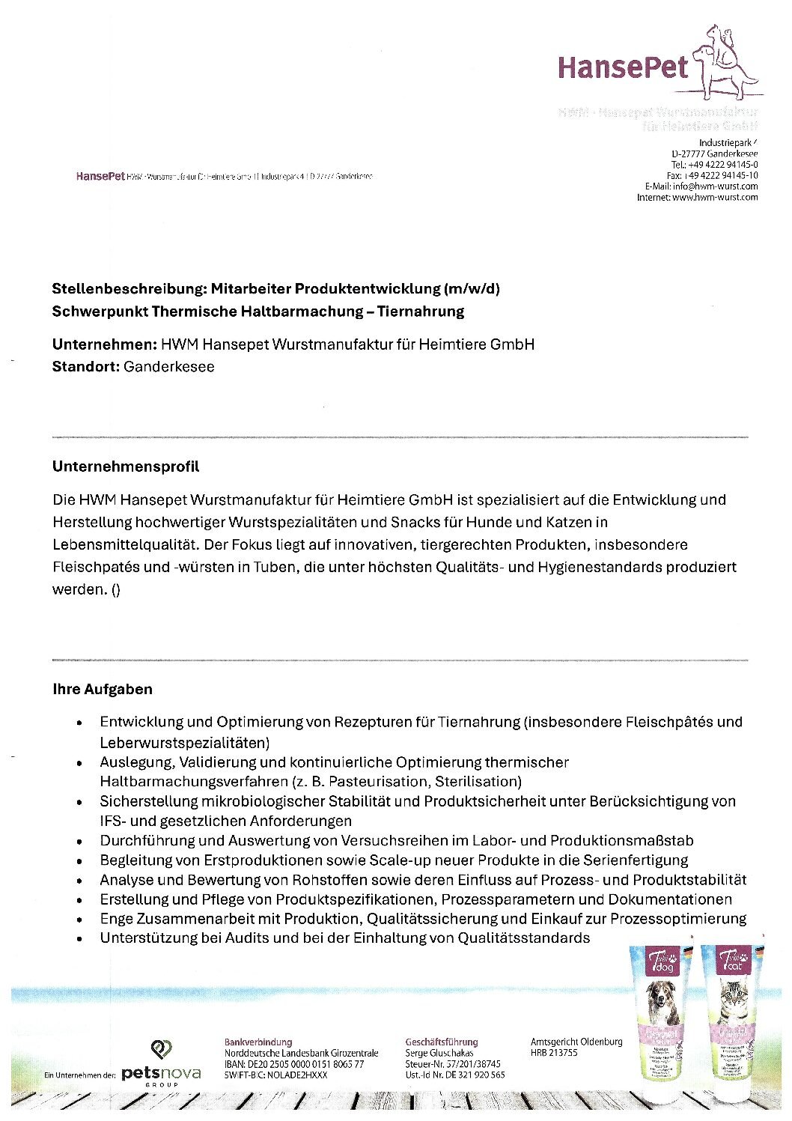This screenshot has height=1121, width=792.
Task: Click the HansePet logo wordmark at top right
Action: (x=623, y=68)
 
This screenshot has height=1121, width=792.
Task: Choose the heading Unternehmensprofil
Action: (x=126, y=467)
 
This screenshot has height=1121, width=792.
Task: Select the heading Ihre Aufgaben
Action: (x=103, y=689)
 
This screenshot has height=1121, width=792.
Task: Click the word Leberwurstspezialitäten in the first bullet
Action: (x=183, y=743)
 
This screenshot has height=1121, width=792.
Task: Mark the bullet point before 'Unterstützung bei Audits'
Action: (x=79, y=939)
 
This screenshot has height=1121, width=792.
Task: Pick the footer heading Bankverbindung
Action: (x=258, y=1042)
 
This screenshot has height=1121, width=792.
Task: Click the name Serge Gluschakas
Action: (x=439, y=1053)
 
